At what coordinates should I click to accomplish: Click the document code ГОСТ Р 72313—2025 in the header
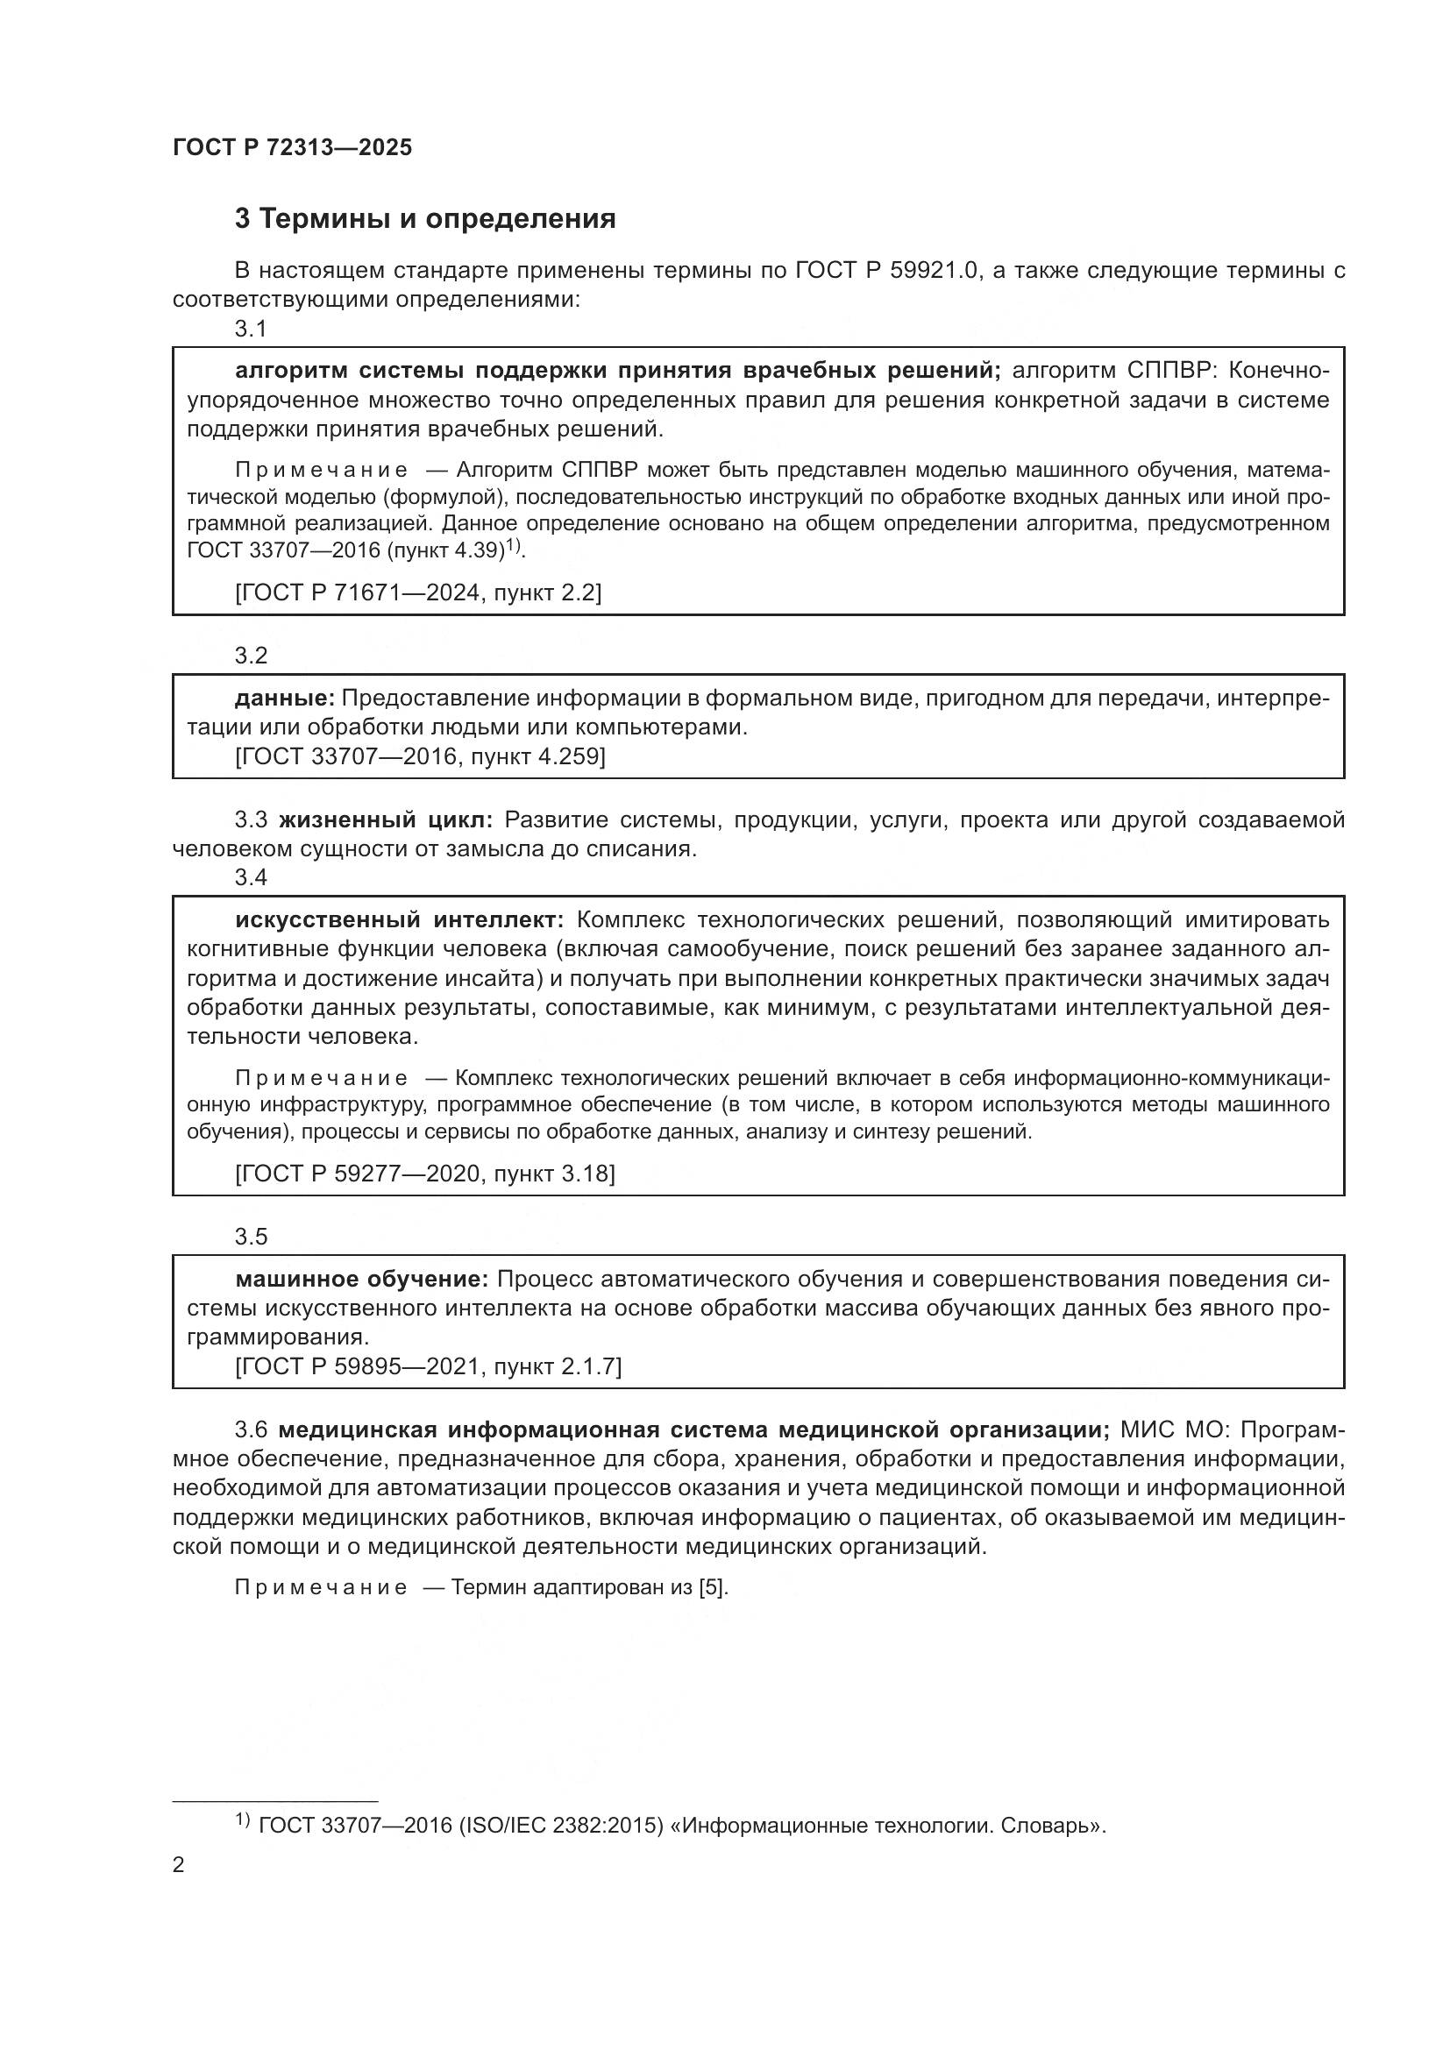tap(292, 148)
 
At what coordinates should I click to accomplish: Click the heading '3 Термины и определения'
tap(425, 219)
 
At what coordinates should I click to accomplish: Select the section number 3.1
tap(251, 330)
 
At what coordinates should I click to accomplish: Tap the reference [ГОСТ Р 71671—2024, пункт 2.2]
tap(418, 592)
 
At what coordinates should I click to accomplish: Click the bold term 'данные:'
tap(285, 699)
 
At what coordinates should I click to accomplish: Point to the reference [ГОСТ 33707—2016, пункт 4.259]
tap(420, 757)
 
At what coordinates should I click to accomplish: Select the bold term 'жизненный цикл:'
tap(386, 819)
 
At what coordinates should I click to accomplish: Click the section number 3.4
tap(251, 877)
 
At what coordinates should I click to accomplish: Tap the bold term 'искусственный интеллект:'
tap(399, 919)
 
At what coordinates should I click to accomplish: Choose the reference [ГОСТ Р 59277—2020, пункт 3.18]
tap(425, 1174)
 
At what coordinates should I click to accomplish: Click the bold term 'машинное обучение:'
tap(361, 1280)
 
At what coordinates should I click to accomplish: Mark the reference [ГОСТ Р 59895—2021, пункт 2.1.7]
tap(428, 1366)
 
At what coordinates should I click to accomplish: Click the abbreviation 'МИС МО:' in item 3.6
tap(1176, 1429)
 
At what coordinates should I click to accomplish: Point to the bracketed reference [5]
tap(714, 1587)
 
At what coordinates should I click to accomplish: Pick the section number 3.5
tap(251, 1237)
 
